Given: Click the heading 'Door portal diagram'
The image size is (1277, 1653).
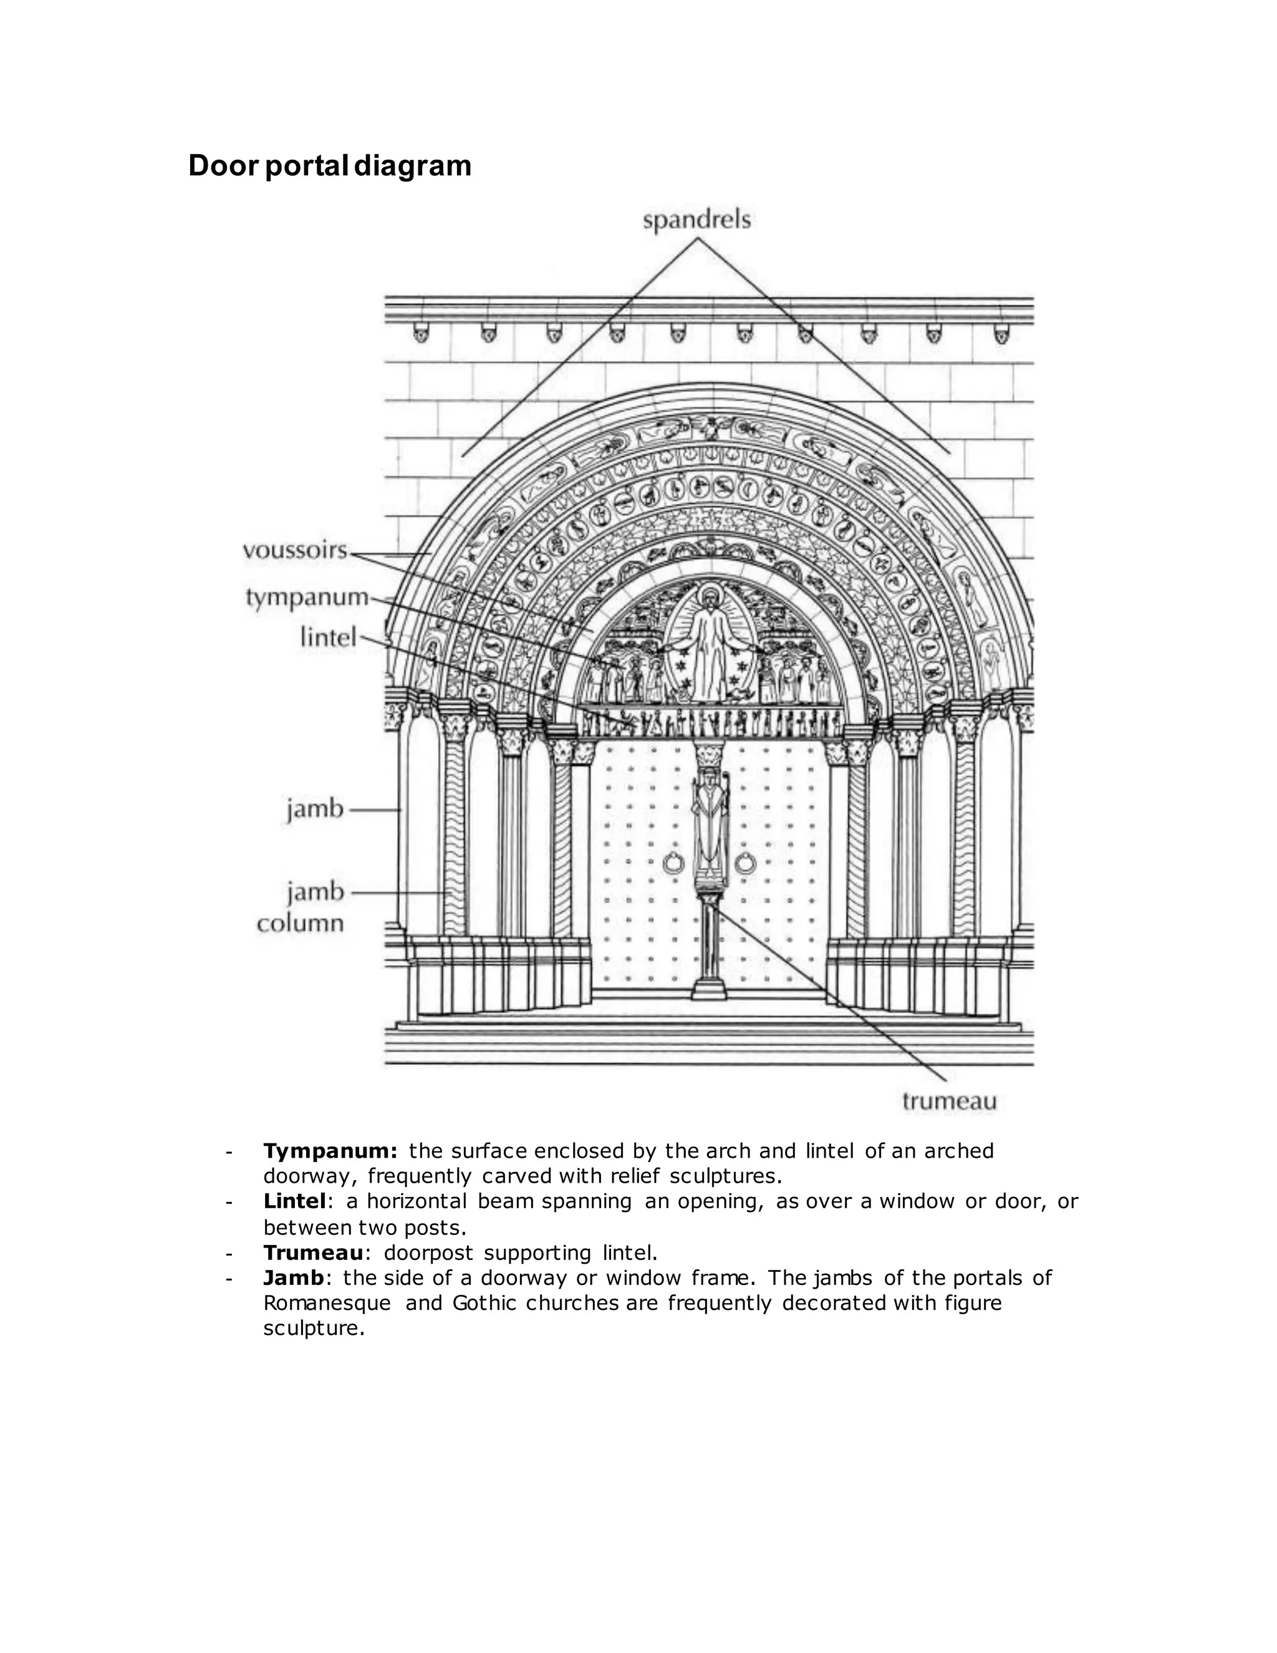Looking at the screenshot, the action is coord(329,166).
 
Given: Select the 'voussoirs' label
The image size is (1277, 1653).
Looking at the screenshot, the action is coord(294,550).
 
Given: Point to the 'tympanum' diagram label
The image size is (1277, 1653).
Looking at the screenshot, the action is coord(306,597).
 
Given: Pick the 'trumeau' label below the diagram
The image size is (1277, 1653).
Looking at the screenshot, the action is coord(950,1101).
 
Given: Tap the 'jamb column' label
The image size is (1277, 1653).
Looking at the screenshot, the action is coord(301,908).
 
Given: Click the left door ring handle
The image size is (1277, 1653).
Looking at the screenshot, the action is coord(673,862).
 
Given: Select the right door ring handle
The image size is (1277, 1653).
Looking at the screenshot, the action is coord(745,862).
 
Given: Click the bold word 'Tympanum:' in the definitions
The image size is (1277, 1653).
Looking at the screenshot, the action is coord(330,1151).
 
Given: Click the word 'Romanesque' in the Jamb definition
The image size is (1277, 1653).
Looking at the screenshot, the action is coord(327,1302).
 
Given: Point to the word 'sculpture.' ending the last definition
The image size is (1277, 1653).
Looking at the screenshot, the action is coord(314,1328).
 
